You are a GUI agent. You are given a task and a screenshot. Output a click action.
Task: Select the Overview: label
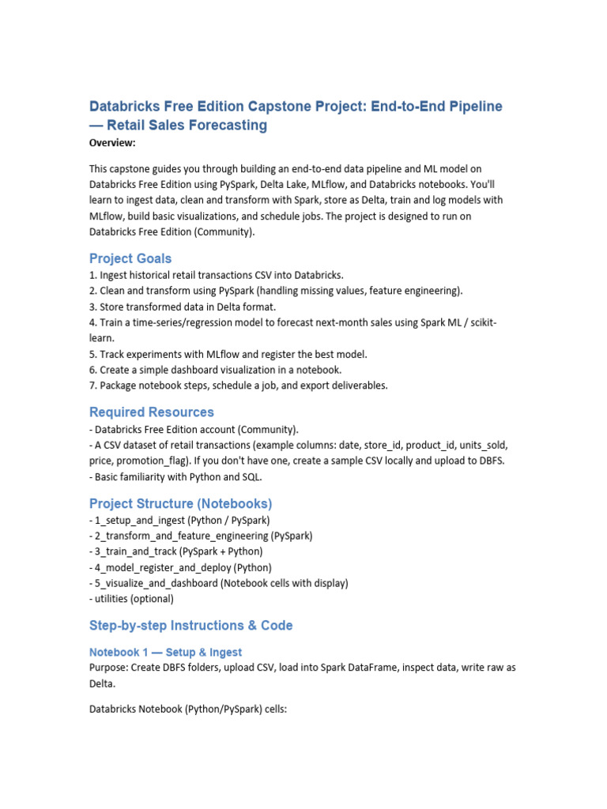112,143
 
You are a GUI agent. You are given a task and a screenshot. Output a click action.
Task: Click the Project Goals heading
130,258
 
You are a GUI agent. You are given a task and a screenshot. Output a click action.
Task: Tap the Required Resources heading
152,412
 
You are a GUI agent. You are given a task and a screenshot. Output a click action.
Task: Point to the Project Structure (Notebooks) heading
181,503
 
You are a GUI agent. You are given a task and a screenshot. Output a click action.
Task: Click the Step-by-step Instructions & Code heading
191,625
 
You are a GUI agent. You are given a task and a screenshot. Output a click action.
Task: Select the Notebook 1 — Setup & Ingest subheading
165,652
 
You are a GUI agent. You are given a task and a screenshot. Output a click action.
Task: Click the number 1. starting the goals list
92,275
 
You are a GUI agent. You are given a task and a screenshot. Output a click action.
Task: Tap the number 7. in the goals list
92,386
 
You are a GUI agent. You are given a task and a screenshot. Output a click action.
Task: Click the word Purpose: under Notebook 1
111,668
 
